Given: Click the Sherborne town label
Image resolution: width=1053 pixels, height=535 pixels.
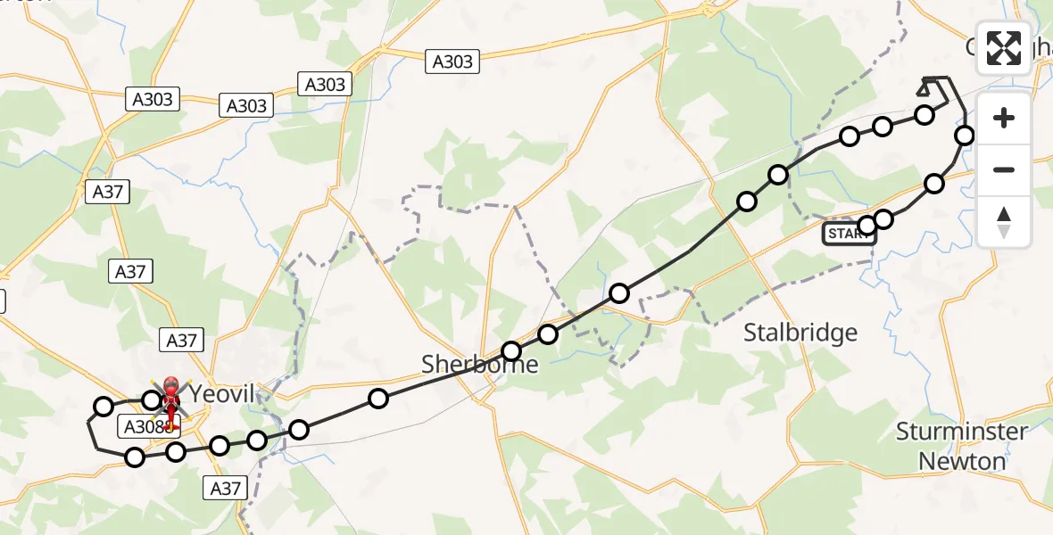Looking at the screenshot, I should [480, 364].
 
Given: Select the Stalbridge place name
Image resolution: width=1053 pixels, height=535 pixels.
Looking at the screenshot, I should [800, 333].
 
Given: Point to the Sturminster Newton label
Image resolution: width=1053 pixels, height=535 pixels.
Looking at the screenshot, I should [962, 447].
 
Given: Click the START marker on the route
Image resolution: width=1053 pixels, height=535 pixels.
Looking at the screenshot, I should [849, 235].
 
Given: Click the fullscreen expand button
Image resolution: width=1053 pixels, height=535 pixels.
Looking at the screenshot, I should [1004, 47].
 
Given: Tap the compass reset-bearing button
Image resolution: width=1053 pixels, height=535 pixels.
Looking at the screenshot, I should [1004, 221].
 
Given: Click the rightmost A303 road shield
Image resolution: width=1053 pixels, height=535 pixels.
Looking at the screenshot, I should [452, 62].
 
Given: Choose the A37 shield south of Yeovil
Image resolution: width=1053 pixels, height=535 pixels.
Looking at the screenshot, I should [225, 488].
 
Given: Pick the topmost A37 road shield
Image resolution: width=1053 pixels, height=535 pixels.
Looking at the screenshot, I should [107, 191].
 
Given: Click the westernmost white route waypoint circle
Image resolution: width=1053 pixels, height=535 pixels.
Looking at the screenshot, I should [104, 407].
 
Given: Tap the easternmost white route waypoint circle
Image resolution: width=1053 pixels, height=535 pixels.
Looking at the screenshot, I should [965, 136].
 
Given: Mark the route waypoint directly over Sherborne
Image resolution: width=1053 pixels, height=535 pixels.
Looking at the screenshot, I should [511, 351].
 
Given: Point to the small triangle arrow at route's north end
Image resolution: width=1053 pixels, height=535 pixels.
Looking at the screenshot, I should [924, 88].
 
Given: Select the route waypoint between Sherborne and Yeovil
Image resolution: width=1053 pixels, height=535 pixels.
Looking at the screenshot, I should [378, 399].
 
